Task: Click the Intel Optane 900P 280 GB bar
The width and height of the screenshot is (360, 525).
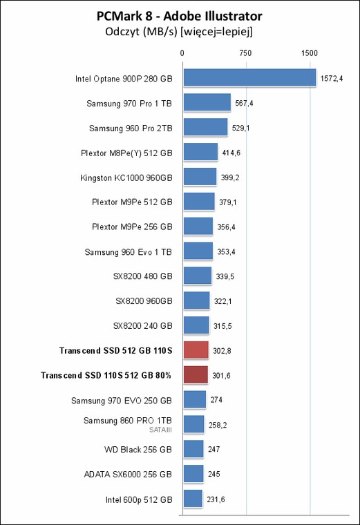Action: click(x=249, y=77)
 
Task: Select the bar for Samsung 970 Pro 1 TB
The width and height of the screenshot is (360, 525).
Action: click(x=207, y=102)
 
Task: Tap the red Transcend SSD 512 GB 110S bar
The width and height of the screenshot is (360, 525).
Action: click(x=196, y=350)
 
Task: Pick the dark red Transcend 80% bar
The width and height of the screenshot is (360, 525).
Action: click(x=196, y=374)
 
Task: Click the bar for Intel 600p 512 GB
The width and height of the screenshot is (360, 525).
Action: click(x=193, y=499)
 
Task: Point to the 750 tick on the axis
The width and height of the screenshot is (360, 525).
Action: click(x=245, y=53)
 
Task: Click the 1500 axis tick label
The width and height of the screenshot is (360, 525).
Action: click(x=309, y=53)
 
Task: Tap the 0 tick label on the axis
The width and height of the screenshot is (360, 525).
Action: click(x=182, y=53)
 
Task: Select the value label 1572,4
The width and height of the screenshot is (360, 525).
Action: click(x=332, y=78)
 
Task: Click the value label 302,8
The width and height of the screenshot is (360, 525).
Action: click(x=222, y=350)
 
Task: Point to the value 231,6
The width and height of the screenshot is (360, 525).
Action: click(x=216, y=499)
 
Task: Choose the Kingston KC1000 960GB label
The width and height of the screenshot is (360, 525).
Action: click(x=126, y=178)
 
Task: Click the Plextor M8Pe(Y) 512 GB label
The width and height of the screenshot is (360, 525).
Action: click(x=126, y=153)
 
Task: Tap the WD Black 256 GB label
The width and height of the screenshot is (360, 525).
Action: click(x=138, y=449)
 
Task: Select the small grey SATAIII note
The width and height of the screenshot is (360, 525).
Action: click(x=160, y=430)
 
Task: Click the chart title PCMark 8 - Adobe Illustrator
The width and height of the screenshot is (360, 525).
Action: click(x=180, y=16)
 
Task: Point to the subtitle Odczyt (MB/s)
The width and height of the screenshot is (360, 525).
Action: click(x=141, y=32)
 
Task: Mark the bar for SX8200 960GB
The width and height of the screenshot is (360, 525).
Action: click(x=196, y=300)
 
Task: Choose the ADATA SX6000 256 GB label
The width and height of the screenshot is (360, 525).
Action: click(x=128, y=474)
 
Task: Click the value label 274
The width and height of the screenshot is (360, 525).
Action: click(x=216, y=400)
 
